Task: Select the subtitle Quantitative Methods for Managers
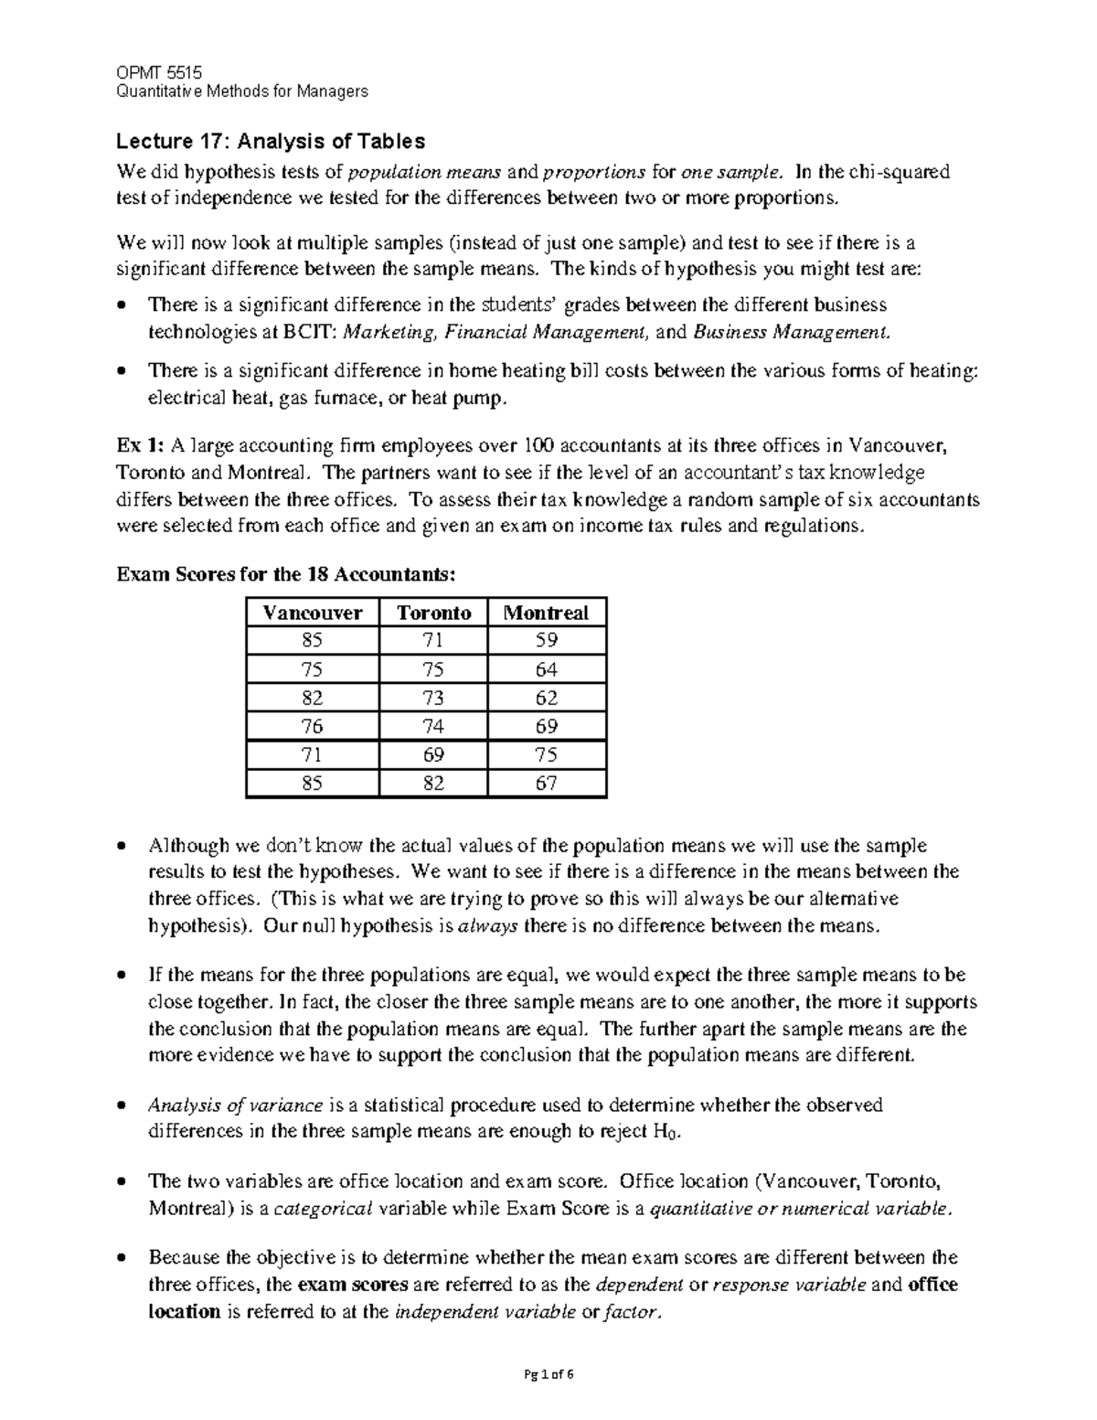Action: point(241,91)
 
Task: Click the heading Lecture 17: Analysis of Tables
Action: point(270,141)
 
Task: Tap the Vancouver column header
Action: point(312,613)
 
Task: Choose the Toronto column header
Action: point(433,613)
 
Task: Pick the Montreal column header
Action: point(548,613)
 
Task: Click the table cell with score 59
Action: point(547,641)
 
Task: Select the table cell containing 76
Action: point(312,726)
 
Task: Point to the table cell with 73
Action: point(433,698)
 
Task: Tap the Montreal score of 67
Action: point(547,784)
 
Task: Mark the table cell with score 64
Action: point(547,669)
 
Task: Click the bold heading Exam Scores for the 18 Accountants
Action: point(283,575)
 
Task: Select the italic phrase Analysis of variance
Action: point(235,1105)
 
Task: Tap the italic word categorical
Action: point(324,1208)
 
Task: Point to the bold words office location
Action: point(932,1285)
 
